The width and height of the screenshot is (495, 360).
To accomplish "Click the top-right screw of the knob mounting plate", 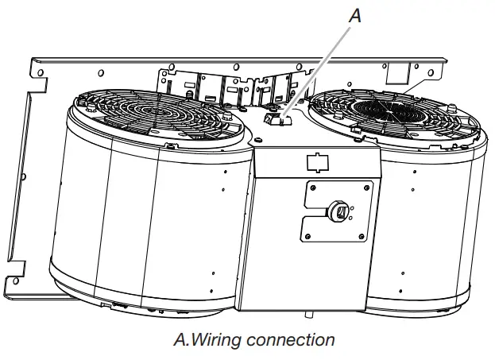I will click(x=365, y=188).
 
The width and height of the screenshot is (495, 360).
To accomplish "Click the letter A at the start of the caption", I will click(x=179, y=340).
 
